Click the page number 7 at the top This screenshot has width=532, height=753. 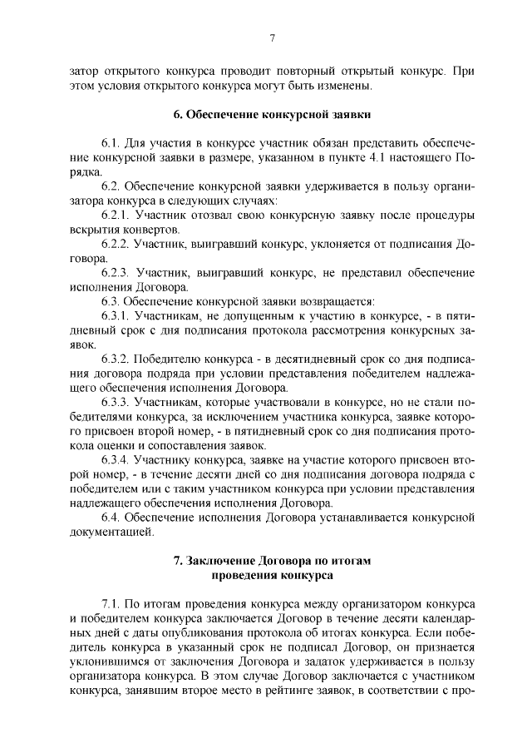[272, 37]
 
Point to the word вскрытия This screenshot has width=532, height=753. [97, 230]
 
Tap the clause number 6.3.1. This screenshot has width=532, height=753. [117, 317]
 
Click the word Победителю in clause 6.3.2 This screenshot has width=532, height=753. [175, 360]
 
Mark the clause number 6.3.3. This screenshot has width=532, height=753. [117, 404]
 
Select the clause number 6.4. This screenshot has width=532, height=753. [113, 519]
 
